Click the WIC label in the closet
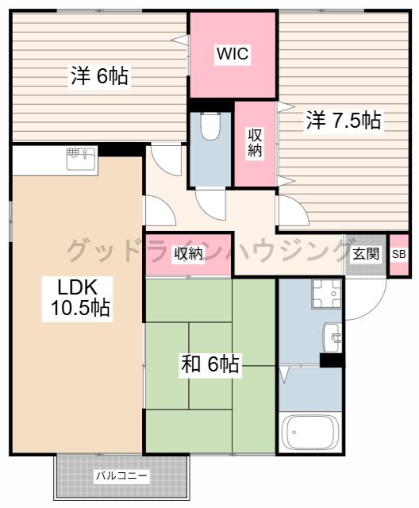point(233,54)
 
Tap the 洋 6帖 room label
point(99,76)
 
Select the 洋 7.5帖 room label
point(344,120)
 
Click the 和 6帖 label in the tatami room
point(210,364)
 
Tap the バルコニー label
point(121,476)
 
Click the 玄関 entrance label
point(366,253)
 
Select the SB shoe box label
point(399,254)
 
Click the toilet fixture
point(210,125)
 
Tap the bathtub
point(310,433)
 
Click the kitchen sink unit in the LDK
point(82,159)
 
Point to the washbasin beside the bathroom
point(333,337)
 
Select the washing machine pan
point(326,293)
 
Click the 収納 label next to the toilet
point(256,143)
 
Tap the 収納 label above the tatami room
point(188,254)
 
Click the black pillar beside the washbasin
point(332,360)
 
